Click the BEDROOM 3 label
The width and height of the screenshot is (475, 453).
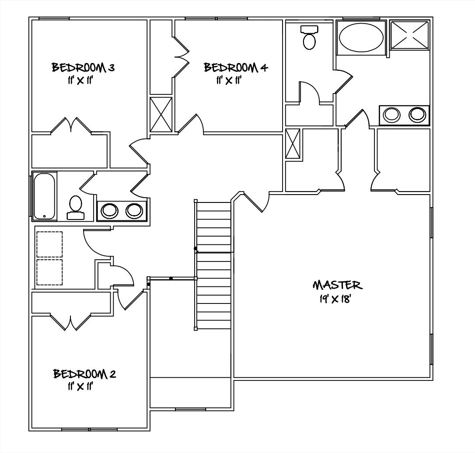(84, 67)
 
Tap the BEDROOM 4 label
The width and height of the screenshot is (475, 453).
(236, 67)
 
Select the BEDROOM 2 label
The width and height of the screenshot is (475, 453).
(84, 374)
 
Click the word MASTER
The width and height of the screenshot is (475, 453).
(337, 285)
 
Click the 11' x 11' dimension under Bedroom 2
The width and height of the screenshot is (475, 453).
(79, 387)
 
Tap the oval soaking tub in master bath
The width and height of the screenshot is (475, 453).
(361, 38)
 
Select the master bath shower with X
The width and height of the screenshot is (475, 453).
(409, 36)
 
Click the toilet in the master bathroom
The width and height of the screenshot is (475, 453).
(310, 38)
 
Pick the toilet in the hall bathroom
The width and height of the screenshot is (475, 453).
(76, 207)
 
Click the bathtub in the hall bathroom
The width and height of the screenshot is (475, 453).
(44, 196)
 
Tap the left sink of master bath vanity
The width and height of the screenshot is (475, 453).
(391, 115)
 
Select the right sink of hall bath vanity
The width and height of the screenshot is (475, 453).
(134, 211)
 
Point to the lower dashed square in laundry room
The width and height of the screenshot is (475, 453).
(49, 272)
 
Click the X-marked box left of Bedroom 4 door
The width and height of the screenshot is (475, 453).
(161, 114)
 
